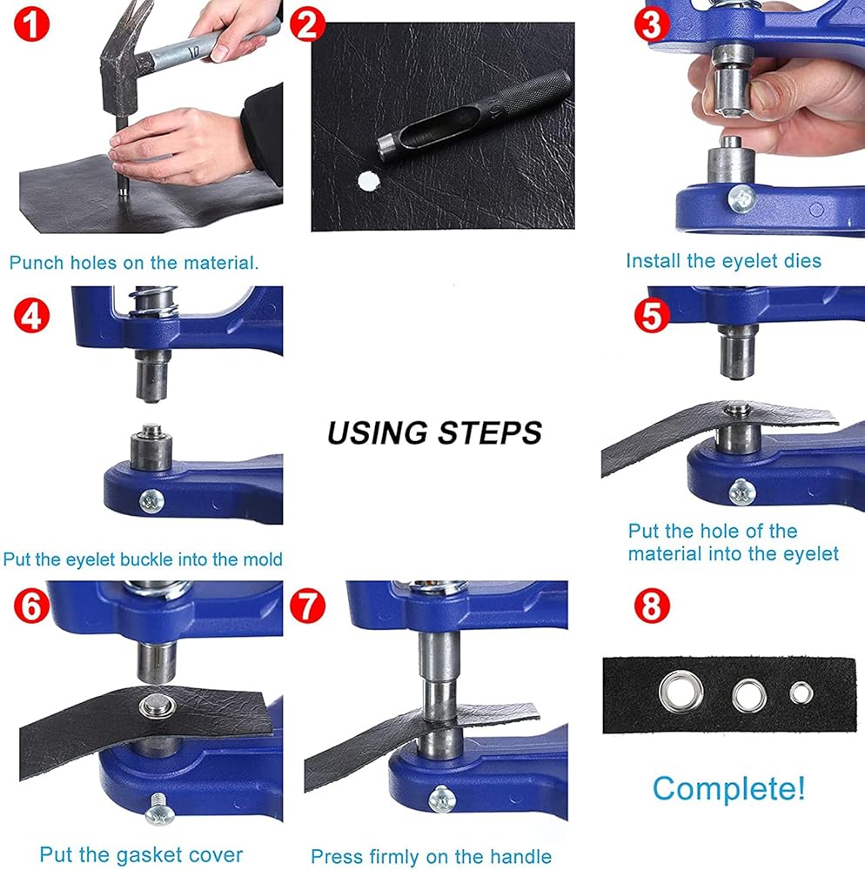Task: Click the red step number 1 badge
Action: pos(31,24)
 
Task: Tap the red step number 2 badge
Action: pos(307,24)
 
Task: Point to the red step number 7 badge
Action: pos(307,606)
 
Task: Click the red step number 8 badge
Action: pos(652,606)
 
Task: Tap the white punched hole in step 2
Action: pos(367,181)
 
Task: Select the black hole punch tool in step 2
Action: pos(473,116)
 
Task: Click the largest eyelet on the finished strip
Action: pos(681,692)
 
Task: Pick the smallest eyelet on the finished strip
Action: pos(801,693)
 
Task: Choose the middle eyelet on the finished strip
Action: pos(749,696)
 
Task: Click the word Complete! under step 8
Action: pos(728,788)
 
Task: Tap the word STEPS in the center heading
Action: pos(490,432)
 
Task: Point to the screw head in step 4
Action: pos(151,501)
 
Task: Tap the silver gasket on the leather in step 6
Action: pos(157,706)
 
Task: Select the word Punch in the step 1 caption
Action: pos(37,263)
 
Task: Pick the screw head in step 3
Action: pos(741,198)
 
